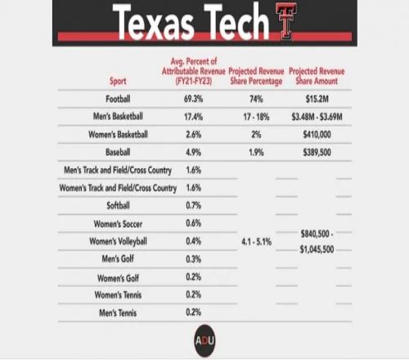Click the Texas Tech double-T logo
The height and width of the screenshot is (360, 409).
pos(285,21)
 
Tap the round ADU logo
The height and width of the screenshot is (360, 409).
pos(204,340)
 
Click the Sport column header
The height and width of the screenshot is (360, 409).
pos(118,81)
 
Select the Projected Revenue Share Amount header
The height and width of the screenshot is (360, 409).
pos(317,76)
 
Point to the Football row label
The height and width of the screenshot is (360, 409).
pos(118,99)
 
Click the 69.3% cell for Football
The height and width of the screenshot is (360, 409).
pos(193,99)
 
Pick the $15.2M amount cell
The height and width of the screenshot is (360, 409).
pos(317,99)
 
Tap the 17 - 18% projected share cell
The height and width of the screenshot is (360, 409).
pos(256,117)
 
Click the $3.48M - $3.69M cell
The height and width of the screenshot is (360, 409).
pos(317,117)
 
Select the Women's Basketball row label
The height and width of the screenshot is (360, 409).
pos(118,134)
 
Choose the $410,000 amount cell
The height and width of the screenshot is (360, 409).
pos(317,134)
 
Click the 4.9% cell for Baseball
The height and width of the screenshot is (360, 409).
pos(193,152)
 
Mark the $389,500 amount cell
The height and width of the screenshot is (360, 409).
pos(317,152)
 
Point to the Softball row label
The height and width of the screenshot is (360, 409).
pos(118,205)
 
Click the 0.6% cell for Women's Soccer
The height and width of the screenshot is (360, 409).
pos(193,223)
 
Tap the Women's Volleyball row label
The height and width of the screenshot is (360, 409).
pos(118,241)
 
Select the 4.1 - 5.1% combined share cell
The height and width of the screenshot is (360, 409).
pos(257,241)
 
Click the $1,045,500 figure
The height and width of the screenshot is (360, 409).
pos(317,250)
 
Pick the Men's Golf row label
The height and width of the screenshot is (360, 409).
pos(118,259)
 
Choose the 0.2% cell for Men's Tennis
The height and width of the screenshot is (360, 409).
pos(193,313)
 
